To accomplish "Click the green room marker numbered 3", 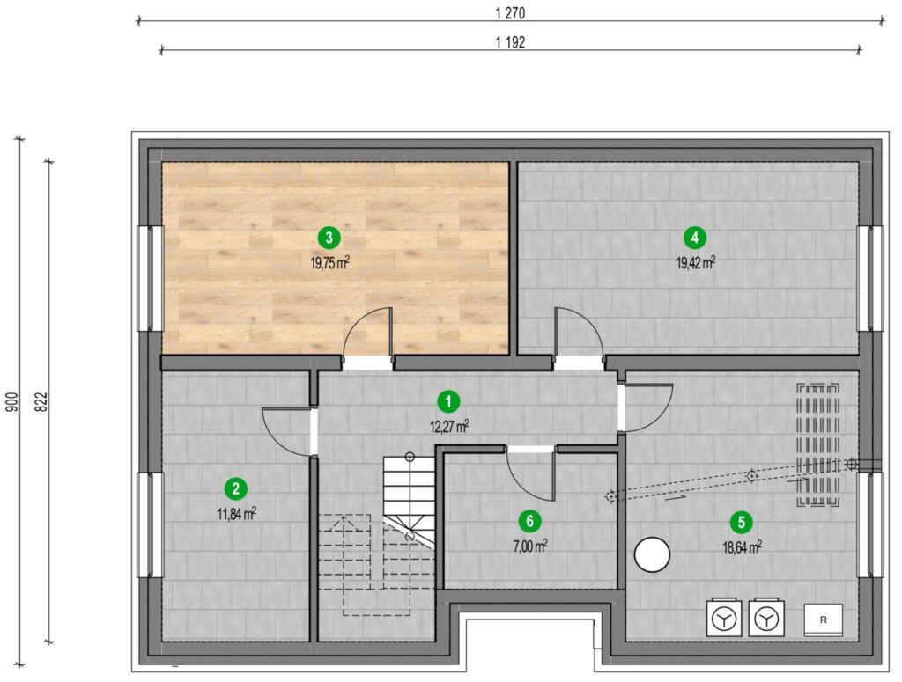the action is (329, 237).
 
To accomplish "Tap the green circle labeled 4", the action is (695, 237).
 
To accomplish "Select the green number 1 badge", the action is (448, 401).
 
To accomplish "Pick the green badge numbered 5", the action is (741, 522).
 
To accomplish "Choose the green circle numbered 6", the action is (529, 521).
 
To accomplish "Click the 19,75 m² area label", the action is (329, 263).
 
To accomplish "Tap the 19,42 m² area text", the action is (696, 263).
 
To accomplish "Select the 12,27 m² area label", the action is (448, 426).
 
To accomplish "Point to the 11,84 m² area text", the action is (236, 514).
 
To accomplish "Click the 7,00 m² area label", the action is (529, 546).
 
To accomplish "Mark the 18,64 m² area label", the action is (742, 547).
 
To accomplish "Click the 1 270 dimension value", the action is (510, 13).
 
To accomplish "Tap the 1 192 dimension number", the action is (510, 42).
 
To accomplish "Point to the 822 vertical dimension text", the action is (41, 402).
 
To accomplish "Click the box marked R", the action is (824, 620).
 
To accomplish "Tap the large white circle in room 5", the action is (652, 554).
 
